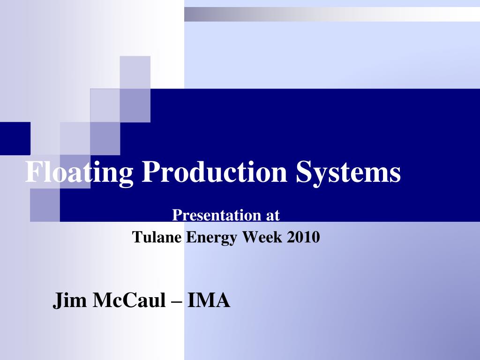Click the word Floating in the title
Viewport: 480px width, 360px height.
[79, 172]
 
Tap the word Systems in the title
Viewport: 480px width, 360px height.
[348, 172]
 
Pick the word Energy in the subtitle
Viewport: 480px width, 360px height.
[212, 238]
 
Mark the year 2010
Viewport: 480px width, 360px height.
[304, 237]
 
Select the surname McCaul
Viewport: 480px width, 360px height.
[129, 300]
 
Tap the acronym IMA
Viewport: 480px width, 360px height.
[209, 300]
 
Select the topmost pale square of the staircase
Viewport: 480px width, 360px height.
[135, 72]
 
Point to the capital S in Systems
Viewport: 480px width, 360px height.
[303, 172]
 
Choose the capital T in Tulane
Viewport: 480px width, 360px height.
[136, 237]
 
